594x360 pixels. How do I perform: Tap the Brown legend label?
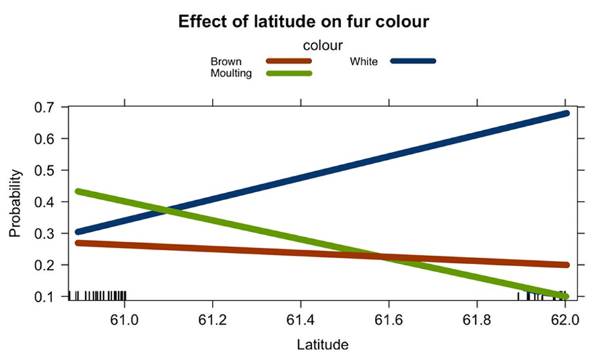tap(226, 61)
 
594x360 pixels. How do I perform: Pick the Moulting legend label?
tap(231, 73)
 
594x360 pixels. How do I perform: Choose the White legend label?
tap(364, 61)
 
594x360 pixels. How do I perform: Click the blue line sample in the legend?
tap(413, 61)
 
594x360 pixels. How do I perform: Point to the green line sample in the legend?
tap(288, 73)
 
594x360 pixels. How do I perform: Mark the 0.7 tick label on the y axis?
tap(49, 107)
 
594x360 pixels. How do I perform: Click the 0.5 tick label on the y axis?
tap(49, 170)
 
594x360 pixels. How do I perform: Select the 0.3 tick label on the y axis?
tap(49, 233)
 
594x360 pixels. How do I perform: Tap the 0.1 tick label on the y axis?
tap(49, 297)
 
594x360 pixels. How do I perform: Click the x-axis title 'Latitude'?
tap(322, 344)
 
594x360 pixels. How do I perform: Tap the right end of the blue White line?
tap(565, 114)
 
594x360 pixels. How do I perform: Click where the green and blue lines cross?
tap(166, 212)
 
